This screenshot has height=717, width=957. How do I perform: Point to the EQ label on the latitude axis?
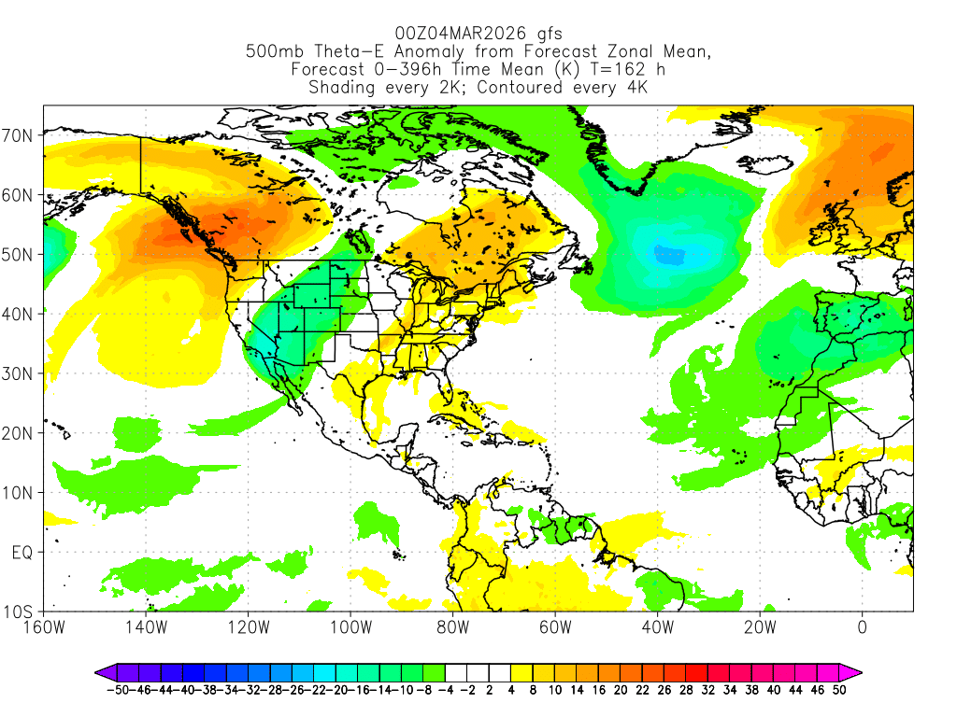[x=22, y=553]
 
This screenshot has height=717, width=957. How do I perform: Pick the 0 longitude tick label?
[x=862, y=626]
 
